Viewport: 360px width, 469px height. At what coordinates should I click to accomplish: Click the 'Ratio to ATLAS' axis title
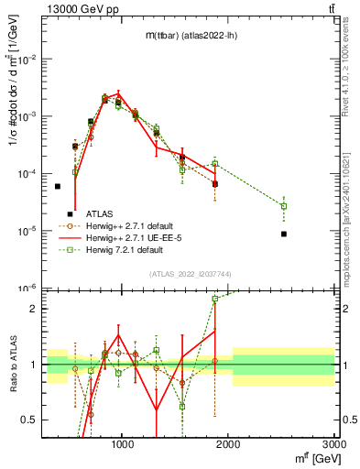[13, 364]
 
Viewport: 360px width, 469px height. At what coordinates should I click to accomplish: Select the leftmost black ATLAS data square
[58, 186]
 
